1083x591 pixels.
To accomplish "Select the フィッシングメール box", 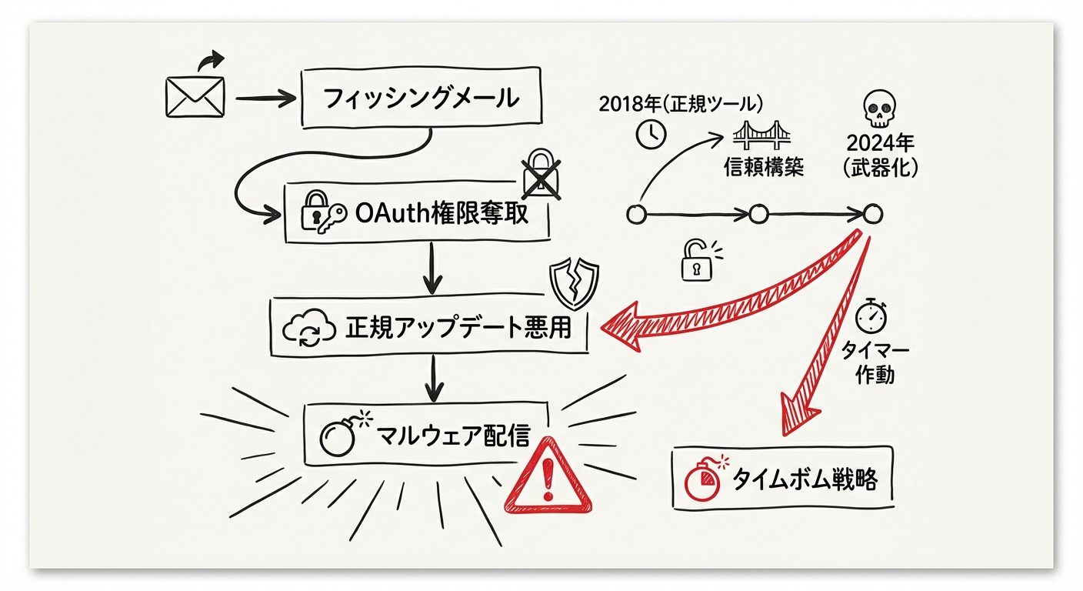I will click(420, 98).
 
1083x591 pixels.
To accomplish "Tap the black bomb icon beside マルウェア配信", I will click(340, 437).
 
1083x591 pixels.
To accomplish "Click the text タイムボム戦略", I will click(803, 479).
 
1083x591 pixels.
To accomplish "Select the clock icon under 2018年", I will click(651, 135).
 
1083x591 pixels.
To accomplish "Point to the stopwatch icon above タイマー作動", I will click(871, 316).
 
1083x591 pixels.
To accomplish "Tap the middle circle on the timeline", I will click(758, 214).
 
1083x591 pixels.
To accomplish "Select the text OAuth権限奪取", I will click(442, 213).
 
